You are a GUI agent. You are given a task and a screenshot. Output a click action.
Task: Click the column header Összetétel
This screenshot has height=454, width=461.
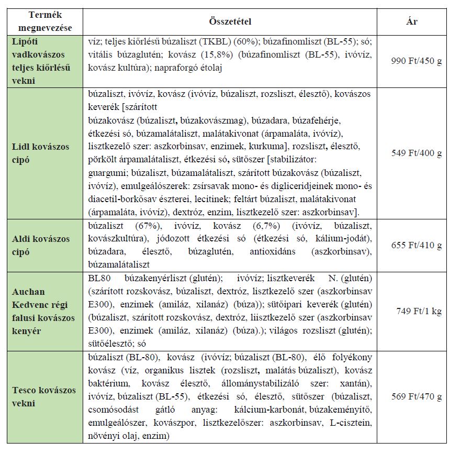(230, 21)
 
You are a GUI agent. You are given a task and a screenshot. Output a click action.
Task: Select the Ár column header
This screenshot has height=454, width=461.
(412, 21)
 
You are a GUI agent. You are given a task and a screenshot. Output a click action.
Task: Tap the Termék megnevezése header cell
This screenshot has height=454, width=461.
(44, 21)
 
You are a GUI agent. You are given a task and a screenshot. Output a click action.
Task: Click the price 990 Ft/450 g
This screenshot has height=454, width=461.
(417, 61)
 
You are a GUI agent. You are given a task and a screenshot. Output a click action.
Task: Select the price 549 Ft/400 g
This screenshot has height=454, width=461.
(417, 153)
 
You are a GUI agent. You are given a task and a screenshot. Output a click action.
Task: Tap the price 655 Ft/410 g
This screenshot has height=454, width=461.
(417, 245)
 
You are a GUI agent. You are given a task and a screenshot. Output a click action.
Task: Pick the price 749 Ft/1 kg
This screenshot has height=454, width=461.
(419, 311)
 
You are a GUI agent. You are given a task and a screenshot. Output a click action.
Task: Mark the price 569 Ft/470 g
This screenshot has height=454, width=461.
(417, 396)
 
